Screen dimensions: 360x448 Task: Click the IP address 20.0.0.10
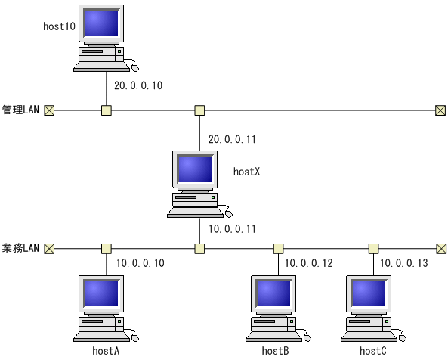(x=137, y=86)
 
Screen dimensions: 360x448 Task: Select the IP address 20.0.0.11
(x=233, y=139)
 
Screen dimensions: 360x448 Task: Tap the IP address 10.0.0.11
(x=233, y=228)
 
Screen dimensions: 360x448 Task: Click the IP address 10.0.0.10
(x=141, y=263)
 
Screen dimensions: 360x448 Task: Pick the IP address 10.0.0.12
(x=308, y=263)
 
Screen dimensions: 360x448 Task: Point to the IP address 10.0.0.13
(x=403, y=263)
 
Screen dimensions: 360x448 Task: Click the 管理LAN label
(x=20, y=110)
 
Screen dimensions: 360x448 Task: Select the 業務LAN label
(x=20, y=248)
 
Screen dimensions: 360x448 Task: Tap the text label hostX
(x=246, y=172)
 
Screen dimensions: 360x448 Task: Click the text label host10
(x=59, y=26)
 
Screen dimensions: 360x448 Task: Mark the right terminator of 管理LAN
(x=440, y=110)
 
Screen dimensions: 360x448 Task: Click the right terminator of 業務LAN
(x=440, y=248)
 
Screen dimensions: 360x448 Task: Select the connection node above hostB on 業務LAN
(x=278, y=248)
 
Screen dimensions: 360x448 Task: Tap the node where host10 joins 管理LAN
(x=107, y=110)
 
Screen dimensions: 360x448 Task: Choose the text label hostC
(x=373, y=351)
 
